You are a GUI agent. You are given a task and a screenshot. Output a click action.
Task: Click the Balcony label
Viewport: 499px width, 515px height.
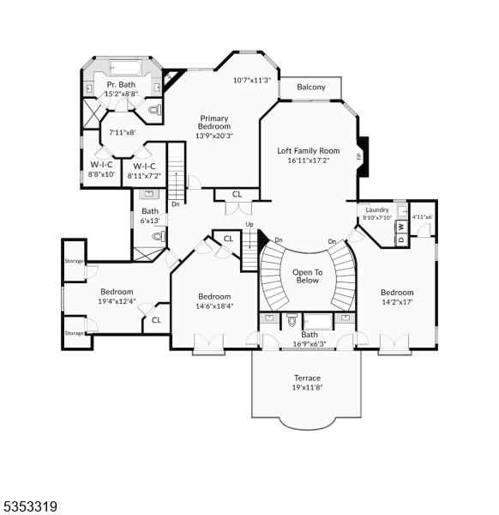coord(310,88)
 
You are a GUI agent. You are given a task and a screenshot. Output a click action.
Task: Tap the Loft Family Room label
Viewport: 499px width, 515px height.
coord(309,151)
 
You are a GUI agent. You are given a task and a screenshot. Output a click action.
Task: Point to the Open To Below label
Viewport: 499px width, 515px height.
coord(307,276)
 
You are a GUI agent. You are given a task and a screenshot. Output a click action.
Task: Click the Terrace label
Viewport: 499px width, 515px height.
coord(307,378)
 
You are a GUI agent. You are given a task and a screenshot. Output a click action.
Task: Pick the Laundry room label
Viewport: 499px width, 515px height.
coord(377,209)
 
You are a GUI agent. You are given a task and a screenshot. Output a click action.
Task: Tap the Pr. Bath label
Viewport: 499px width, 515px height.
coord(122,85)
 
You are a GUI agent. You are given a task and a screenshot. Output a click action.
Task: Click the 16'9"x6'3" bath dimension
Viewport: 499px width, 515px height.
coord(310,343)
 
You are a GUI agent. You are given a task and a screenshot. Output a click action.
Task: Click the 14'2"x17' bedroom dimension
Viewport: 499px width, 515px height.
coord(397,301)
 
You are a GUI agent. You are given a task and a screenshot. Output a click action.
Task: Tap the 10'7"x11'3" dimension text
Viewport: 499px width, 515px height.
coord(252,81)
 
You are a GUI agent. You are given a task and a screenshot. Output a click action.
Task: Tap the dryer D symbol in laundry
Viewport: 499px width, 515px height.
coord(400,239)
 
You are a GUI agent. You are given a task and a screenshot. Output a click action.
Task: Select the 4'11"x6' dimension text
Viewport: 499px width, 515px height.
coord(423,217)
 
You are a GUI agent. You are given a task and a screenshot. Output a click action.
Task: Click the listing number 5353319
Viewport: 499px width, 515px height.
coord(31,506)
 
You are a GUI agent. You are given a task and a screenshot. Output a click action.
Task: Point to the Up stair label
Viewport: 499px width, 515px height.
coord(249,225)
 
